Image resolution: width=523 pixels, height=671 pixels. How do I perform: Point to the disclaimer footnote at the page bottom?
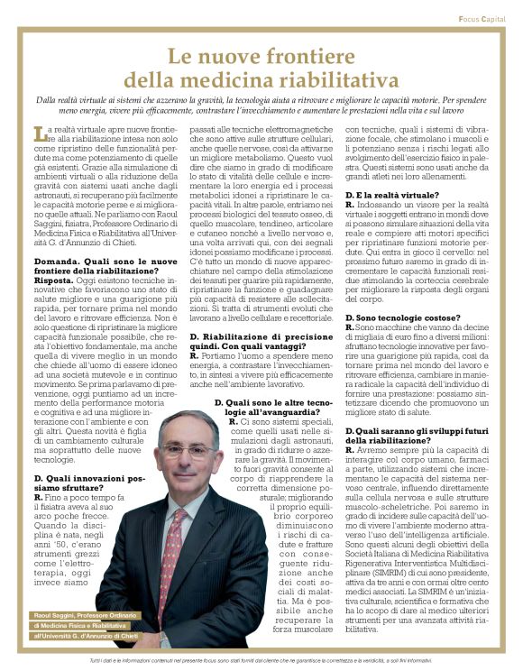pyautogui.click(x=261, y=662)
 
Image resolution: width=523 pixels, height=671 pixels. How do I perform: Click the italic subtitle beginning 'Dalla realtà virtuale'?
pyautogui.click(x=261, y=101)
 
